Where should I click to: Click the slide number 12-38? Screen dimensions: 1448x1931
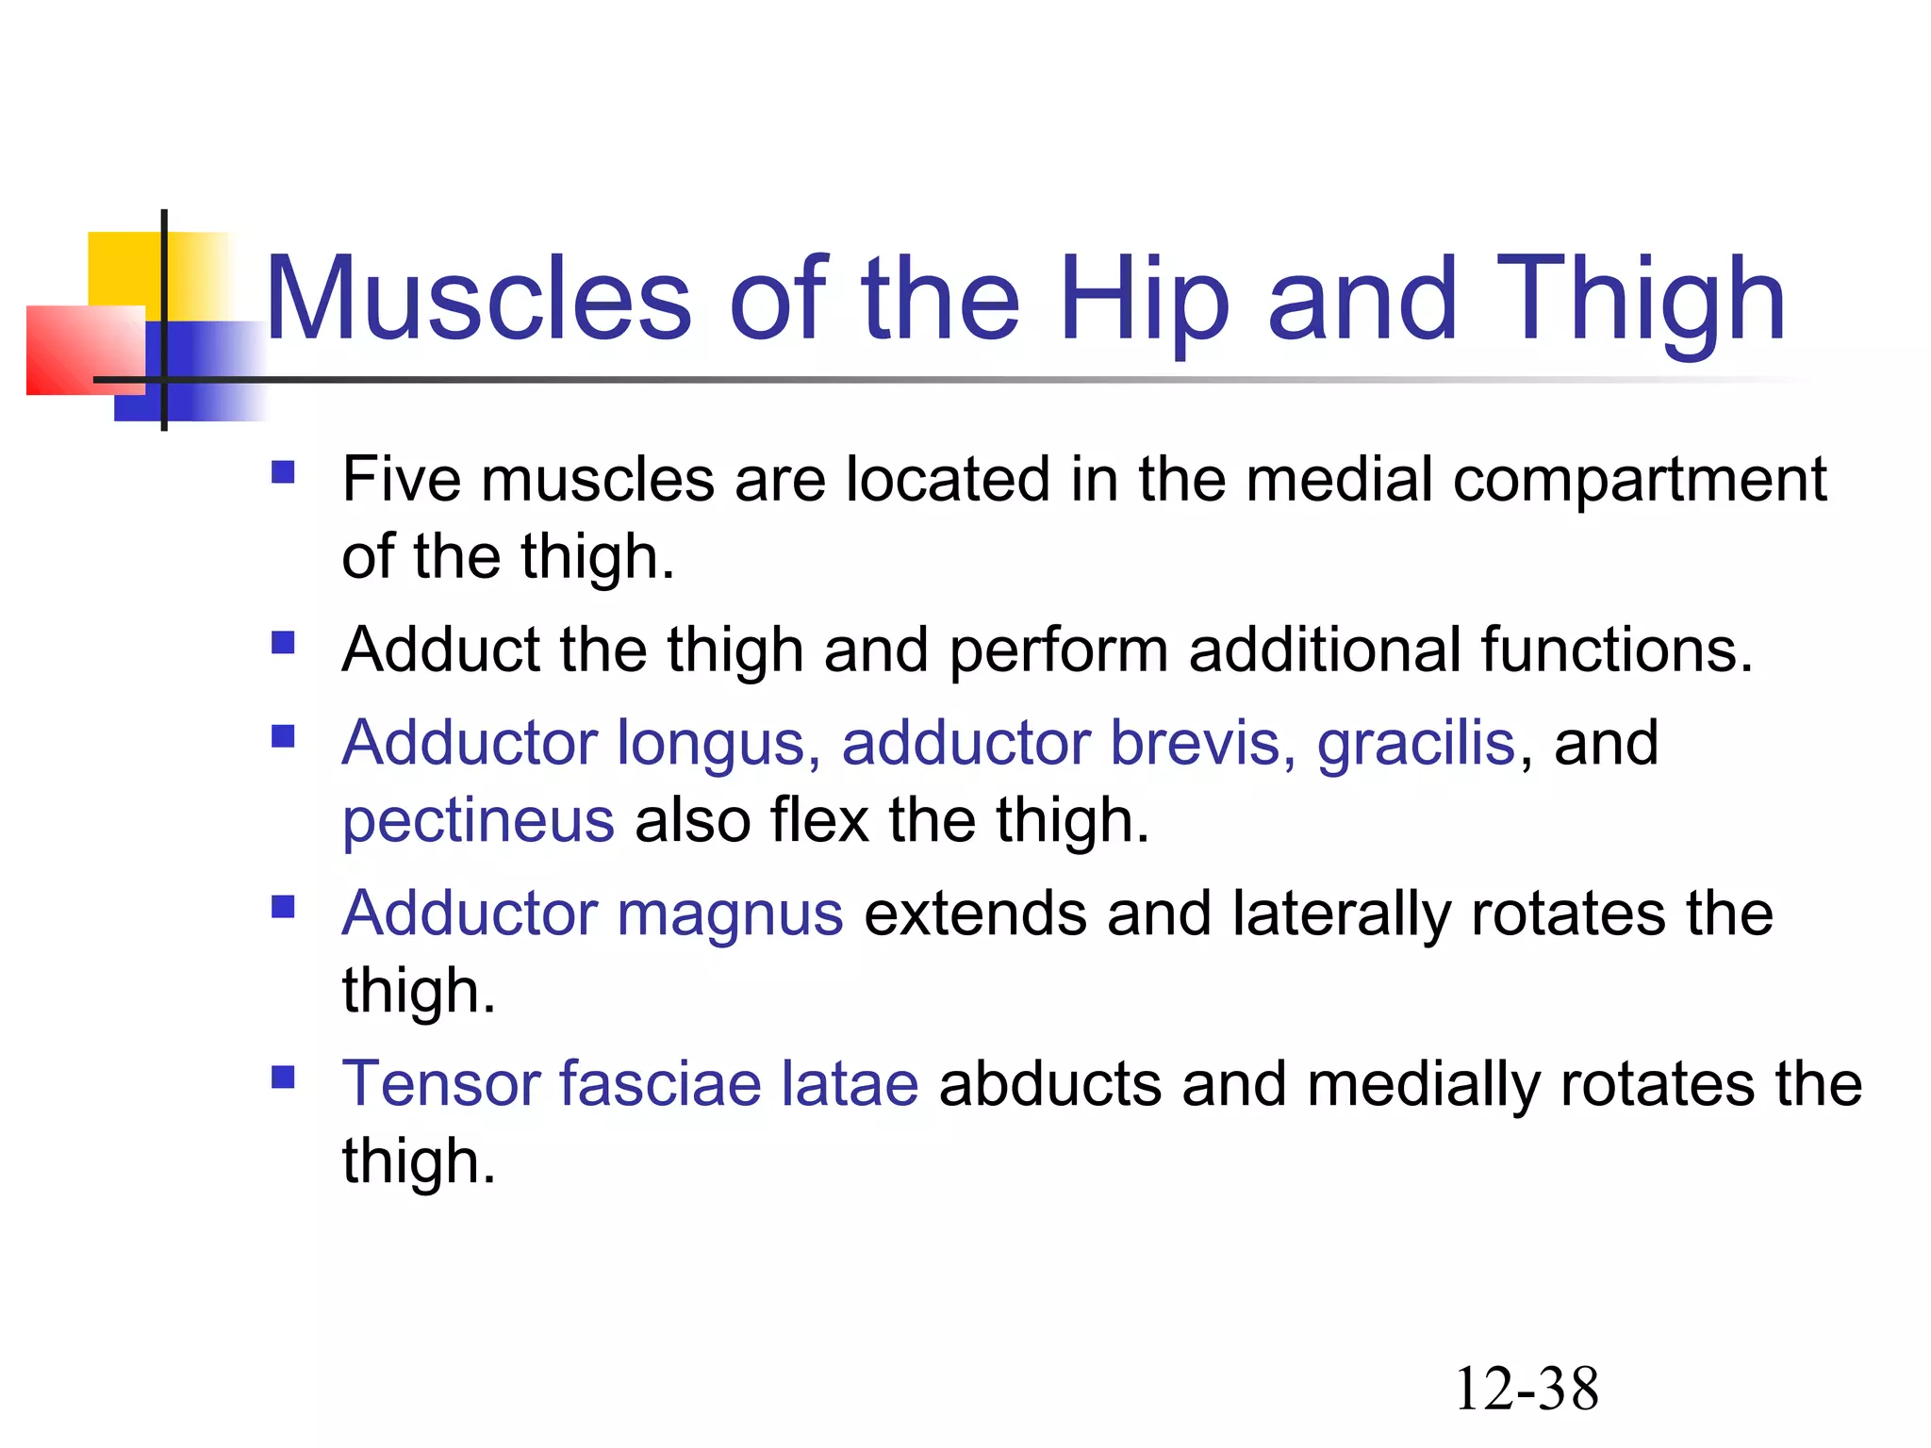click(x=1527, y=1389)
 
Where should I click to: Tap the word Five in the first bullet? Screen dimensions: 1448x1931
click(x=401, y=479)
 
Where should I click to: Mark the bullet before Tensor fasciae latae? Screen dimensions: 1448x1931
click(x=283, y=1077)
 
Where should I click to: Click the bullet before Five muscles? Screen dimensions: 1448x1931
click(x=283, y=471)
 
